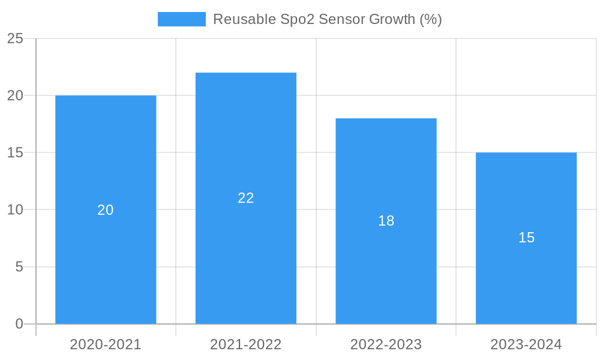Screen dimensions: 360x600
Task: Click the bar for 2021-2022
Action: [x=246, y=252]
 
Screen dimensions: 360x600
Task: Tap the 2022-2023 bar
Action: [x=386, y=270]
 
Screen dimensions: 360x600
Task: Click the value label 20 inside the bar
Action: [x=106, y=210]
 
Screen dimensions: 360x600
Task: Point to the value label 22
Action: [x=246, y=198]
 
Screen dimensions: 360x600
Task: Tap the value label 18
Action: [x=386, y=221]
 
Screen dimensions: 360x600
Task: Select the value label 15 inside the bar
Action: [x=526, y=238]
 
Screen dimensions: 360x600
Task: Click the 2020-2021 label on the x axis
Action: [x=106, y=344]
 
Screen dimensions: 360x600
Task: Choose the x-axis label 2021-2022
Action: [x=246, y=344]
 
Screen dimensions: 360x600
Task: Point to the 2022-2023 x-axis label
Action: [x=386, y=344]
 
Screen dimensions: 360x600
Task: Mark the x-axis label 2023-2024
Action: [x=526, y=344]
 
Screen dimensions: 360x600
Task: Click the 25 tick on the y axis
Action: [x=15, y=39]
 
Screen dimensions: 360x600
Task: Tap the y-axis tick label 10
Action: [x=15, y=210]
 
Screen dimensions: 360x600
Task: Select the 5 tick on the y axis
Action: [x=19, y=267]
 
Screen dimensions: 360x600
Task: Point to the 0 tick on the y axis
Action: [x=19, y=324]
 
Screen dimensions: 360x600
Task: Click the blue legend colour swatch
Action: [x=181, y=19]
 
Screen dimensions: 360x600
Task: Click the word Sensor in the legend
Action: [x=341, y=19]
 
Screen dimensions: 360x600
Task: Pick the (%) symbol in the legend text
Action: [x=431, y=19]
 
